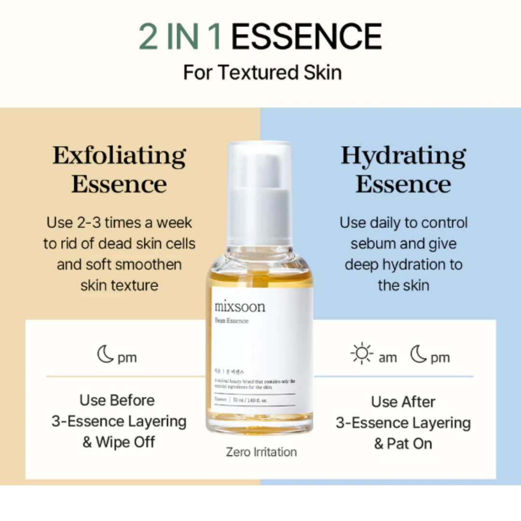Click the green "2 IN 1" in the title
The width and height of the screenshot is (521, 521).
180,37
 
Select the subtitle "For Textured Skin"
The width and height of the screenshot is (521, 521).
262,73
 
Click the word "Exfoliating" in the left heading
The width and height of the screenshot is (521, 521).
119,156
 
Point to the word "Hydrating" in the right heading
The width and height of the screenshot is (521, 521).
403,156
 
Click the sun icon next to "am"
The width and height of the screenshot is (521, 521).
362,354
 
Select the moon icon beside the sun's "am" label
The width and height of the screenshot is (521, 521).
419,355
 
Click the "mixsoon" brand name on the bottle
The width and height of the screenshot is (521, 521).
240,306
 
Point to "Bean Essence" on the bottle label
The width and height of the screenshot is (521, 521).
232,321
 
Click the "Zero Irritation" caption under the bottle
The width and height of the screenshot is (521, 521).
261,452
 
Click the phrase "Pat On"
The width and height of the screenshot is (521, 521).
410,444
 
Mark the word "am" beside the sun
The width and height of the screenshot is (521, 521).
387,358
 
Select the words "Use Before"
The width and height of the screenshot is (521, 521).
117,400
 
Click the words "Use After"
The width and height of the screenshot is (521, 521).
403,402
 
